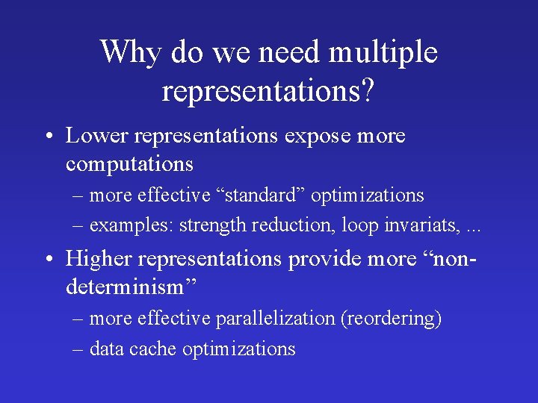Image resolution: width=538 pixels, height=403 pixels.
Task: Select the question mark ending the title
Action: (x=368, y=91)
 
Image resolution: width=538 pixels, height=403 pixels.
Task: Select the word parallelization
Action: (x=275, y=319)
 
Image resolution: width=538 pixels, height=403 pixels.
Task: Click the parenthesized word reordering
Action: (x=391, y=319)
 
